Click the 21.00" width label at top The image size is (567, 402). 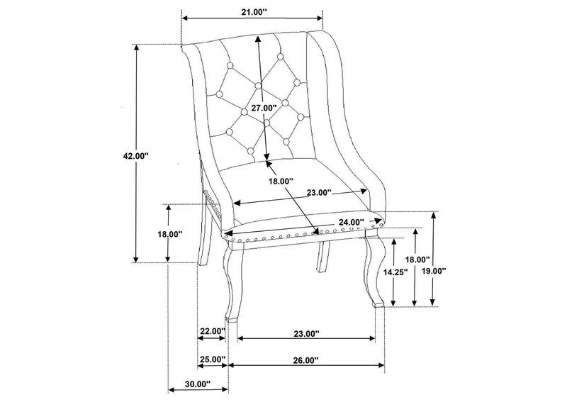254,11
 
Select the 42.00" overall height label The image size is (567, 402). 136,156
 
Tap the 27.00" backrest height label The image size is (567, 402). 264,108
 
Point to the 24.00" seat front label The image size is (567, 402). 352,222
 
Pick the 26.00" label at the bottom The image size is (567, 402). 306,360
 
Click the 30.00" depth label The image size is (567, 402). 198,384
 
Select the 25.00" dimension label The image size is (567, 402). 213,359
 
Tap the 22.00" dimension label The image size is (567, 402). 213,331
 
